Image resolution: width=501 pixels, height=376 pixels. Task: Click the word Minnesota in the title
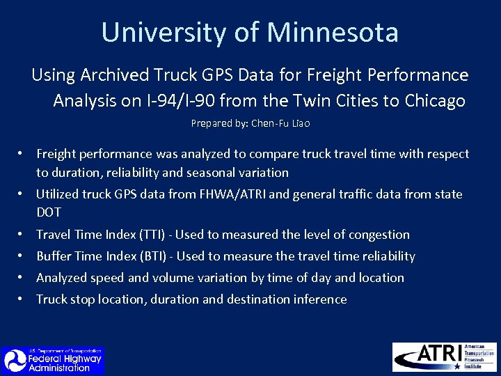point(333,33)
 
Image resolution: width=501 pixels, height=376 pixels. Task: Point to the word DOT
point(49,212)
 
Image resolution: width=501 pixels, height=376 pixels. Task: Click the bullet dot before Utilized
point(23,194)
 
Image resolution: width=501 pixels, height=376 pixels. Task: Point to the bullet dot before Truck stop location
point(23,299)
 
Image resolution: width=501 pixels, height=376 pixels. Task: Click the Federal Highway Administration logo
point(53,360)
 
